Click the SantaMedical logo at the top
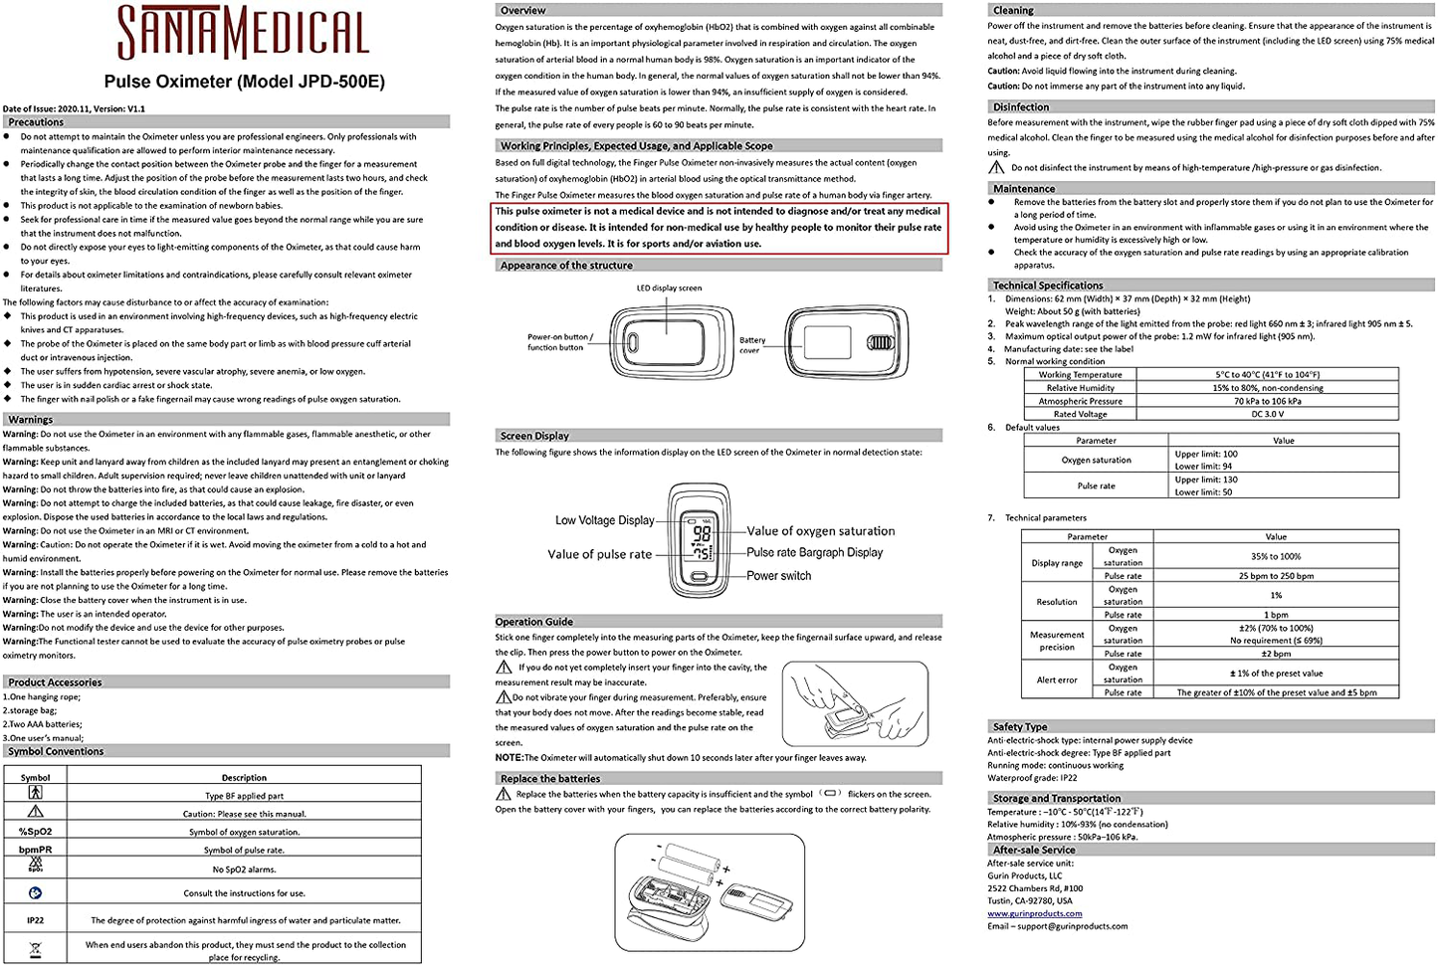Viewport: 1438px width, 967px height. tap(244, 32)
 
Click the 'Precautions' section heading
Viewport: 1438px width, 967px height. tap(37, 122)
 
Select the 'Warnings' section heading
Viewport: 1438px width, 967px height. tap(31, 420)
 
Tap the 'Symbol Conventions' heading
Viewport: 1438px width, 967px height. tap(56, 751)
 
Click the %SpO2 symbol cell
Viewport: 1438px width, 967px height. tap(36, 832)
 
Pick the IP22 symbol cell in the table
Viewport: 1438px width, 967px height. tap(36, 920)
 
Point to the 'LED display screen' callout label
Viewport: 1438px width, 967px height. tap(669, 289)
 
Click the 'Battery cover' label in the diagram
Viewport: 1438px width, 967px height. tap(751, 344)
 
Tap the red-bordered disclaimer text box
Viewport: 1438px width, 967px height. tap(719, 228)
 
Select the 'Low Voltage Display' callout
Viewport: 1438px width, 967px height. tap(605, 520)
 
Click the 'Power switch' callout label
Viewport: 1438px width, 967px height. tap(779, 575)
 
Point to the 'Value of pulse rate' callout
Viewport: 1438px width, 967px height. tap(600, 554)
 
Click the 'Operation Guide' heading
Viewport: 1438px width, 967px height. tap(534, 622)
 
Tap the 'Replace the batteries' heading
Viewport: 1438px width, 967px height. tap(550, 779)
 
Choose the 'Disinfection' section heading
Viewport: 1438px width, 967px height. tap(1021, 107)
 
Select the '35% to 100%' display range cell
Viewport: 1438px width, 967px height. tap(1276, 556)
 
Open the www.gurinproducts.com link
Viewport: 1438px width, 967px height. tap(1035, 913)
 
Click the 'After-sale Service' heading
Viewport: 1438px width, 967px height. tap(1034, 851)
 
